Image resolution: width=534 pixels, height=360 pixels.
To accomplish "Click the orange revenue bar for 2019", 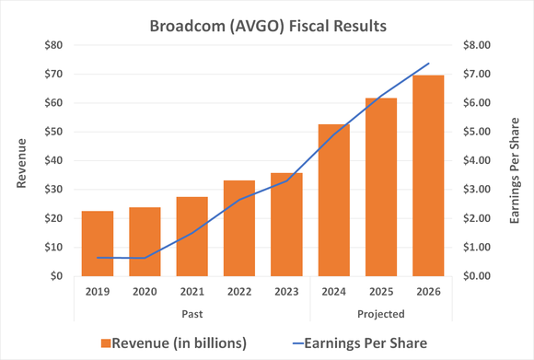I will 97,243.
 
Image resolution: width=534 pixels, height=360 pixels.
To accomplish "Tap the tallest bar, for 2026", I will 428,175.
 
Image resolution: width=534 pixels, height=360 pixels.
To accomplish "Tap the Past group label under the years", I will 192,314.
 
